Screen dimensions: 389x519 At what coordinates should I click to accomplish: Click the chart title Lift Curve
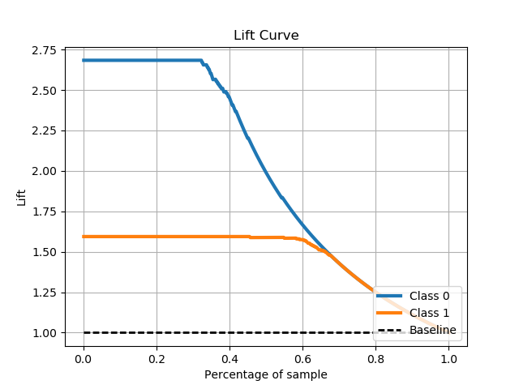[x=266, y=35]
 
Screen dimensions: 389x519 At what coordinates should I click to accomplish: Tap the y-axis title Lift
[x=22, y=197]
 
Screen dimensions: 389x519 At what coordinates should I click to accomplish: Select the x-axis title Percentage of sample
[x=266, y=374]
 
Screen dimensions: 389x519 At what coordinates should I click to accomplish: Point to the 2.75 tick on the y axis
[x=45, y=50]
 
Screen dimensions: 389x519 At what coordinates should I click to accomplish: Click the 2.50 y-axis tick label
[x=45, y=91]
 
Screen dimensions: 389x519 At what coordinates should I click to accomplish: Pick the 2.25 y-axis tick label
[x=45, y=131]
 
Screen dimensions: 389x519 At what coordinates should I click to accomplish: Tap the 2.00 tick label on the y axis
[x=45, y=172]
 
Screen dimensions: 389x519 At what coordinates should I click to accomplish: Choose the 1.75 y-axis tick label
[x=45, y=212]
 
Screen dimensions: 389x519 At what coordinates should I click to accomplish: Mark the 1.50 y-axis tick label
[x=45, y=253]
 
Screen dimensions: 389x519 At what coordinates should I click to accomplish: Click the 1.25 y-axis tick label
[x=45, y=293]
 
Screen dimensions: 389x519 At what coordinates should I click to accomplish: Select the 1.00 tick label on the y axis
[x=45, y=333]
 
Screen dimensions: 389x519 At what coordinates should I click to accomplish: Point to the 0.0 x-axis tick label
[x=84, y=358]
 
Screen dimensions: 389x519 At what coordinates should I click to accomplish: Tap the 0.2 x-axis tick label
[x=157, y=358]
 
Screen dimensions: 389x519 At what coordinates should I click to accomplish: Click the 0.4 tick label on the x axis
[x=229, y=358]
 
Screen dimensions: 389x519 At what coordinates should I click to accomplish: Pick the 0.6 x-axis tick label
[x=302, y=358]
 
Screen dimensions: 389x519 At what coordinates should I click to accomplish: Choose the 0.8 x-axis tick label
[x=375, y=358]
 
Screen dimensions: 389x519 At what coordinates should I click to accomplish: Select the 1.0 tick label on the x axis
[x=448, y=358]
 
